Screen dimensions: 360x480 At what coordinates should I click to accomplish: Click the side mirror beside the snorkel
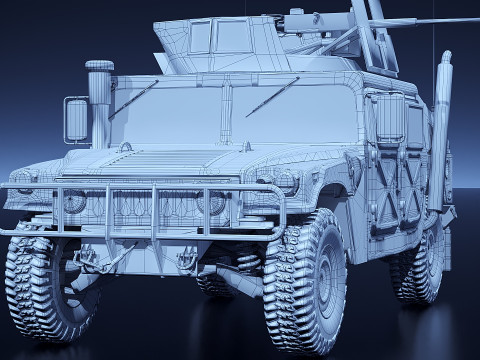tap(76, 119)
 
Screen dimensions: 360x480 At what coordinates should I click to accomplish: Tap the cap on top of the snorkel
tap(99, 66)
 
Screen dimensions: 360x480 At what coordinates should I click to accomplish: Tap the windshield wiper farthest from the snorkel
tap(271, 97)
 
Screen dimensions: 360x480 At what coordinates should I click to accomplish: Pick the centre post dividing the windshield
tap(227, 111)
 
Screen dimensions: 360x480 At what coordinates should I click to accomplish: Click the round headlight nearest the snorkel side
tap(73, 201)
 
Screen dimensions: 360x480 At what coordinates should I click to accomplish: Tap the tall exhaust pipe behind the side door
tap(439, 130)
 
